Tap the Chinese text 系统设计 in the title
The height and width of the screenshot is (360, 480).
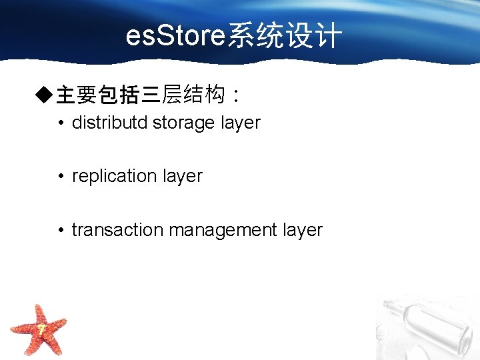[285, 37]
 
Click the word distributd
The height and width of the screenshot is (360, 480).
[110, 123]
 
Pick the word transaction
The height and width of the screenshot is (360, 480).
[117, 230]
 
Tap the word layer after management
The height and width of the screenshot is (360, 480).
[303, 231]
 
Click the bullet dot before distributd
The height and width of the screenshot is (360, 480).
[61, 123]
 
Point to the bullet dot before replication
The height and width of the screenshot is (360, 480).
[61, 177]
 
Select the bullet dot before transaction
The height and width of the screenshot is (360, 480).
[61, 230]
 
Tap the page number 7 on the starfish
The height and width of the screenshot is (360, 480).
[41, 329]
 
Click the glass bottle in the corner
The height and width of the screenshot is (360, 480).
[427, 327]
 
